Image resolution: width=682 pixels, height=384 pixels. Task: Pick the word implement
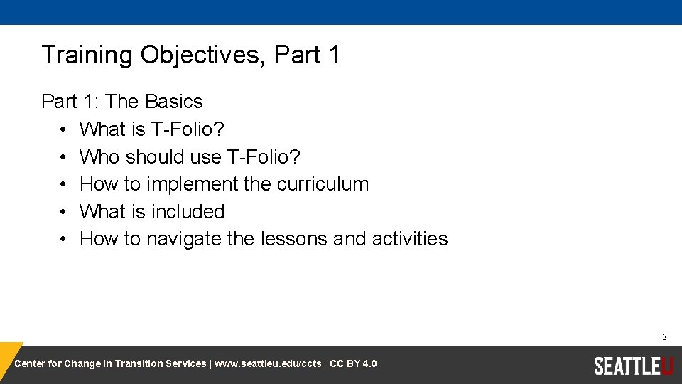(192, 184)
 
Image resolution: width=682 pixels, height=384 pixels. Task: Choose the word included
(188, 212)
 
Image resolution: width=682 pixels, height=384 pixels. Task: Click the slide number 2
(664, 337)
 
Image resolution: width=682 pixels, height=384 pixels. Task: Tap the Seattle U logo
(633, 366)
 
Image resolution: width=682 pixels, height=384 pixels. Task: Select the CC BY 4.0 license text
(353, 364)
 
